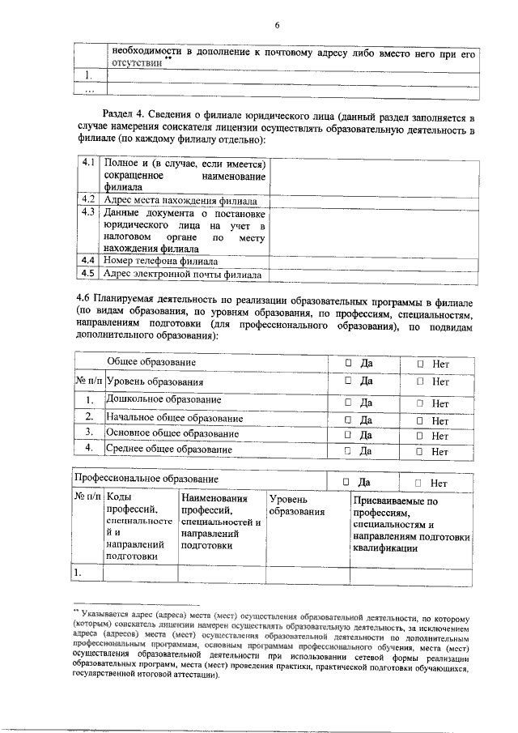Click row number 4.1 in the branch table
pyautogui.click(x=89, y=163)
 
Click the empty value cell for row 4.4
pyautogui.click(x=372, y=261)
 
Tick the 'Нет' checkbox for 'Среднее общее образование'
pyautogui.click(x=421, y=451)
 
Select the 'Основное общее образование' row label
pyautogui.click(x=172, y=434)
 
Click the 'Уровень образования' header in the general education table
pyautogui.click(x=155, y=381)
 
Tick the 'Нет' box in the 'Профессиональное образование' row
pyautogui.click(x=418, y=483)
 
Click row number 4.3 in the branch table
pyautogui.click(x=89, y=212)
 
